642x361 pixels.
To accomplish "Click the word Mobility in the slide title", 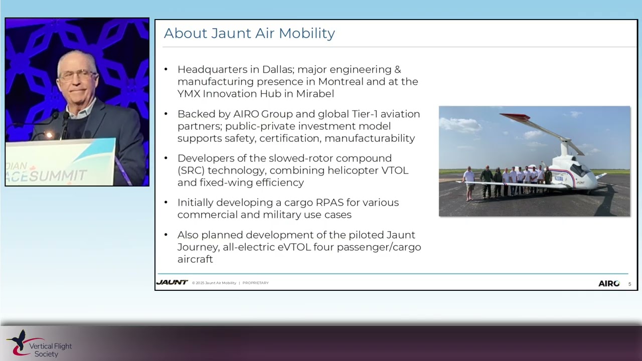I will pyautogui.click(x=306, y=34).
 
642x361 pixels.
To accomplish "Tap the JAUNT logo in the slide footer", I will pyautogui.click(x=172, y=283).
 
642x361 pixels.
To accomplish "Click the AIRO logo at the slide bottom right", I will pyautogui.click(x=609, y=284).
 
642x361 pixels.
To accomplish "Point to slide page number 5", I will pyautogui.click(x=629, y=284).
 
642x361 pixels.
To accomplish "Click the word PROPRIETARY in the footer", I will pyautogui.click(x=255, y=283).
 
